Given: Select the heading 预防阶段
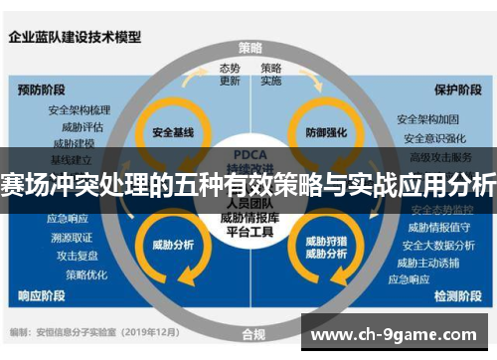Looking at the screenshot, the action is coord(43,89).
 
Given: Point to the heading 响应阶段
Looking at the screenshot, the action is coord(43,295).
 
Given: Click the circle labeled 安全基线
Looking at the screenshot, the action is coord(171,132).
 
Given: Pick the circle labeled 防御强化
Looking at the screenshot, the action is coord(327,132).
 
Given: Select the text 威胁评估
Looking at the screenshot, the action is coord(83,126).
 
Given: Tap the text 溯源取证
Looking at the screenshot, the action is coord(72,237).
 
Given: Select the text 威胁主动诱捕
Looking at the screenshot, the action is coord(429,263).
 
